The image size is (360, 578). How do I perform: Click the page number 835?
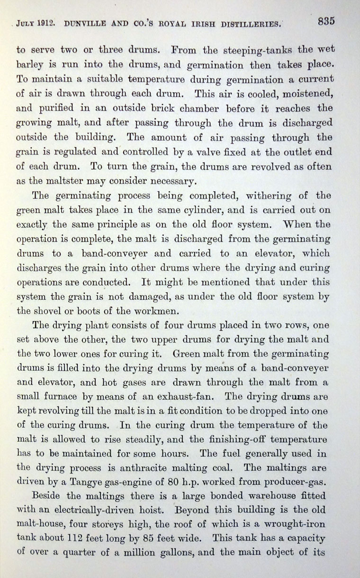click(x=326, y=21)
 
